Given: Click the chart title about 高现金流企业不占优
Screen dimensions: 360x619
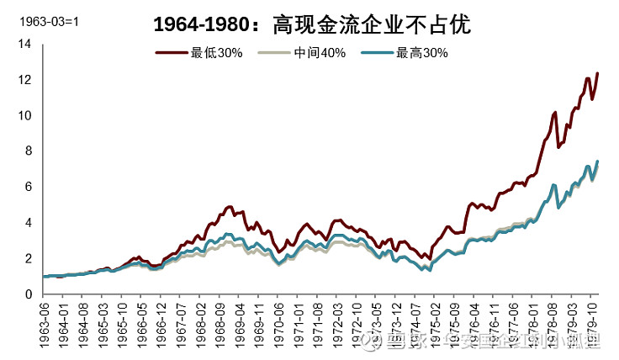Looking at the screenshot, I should (x=311, y=25).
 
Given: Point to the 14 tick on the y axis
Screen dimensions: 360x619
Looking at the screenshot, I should (x=24, y=44).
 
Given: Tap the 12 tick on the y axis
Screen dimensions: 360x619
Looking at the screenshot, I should (x=24, y=80).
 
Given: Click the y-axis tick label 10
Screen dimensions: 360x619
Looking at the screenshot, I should (x=24, y=115).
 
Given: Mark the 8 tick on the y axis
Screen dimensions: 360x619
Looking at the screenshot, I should (x=27, y=151).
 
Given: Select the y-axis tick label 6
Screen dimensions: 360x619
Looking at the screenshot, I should (x=27, y=187).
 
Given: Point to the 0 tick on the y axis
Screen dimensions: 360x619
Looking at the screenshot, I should (x=27, y=294).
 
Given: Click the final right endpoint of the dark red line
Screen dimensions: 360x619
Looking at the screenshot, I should (x=598, y=73).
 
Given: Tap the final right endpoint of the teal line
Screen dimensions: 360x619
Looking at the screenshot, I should (x=598, y=161).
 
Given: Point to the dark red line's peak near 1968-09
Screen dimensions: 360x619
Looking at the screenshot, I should (x=230, y=206).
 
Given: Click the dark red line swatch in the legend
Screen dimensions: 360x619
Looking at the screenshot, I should (x=172, y=52).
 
